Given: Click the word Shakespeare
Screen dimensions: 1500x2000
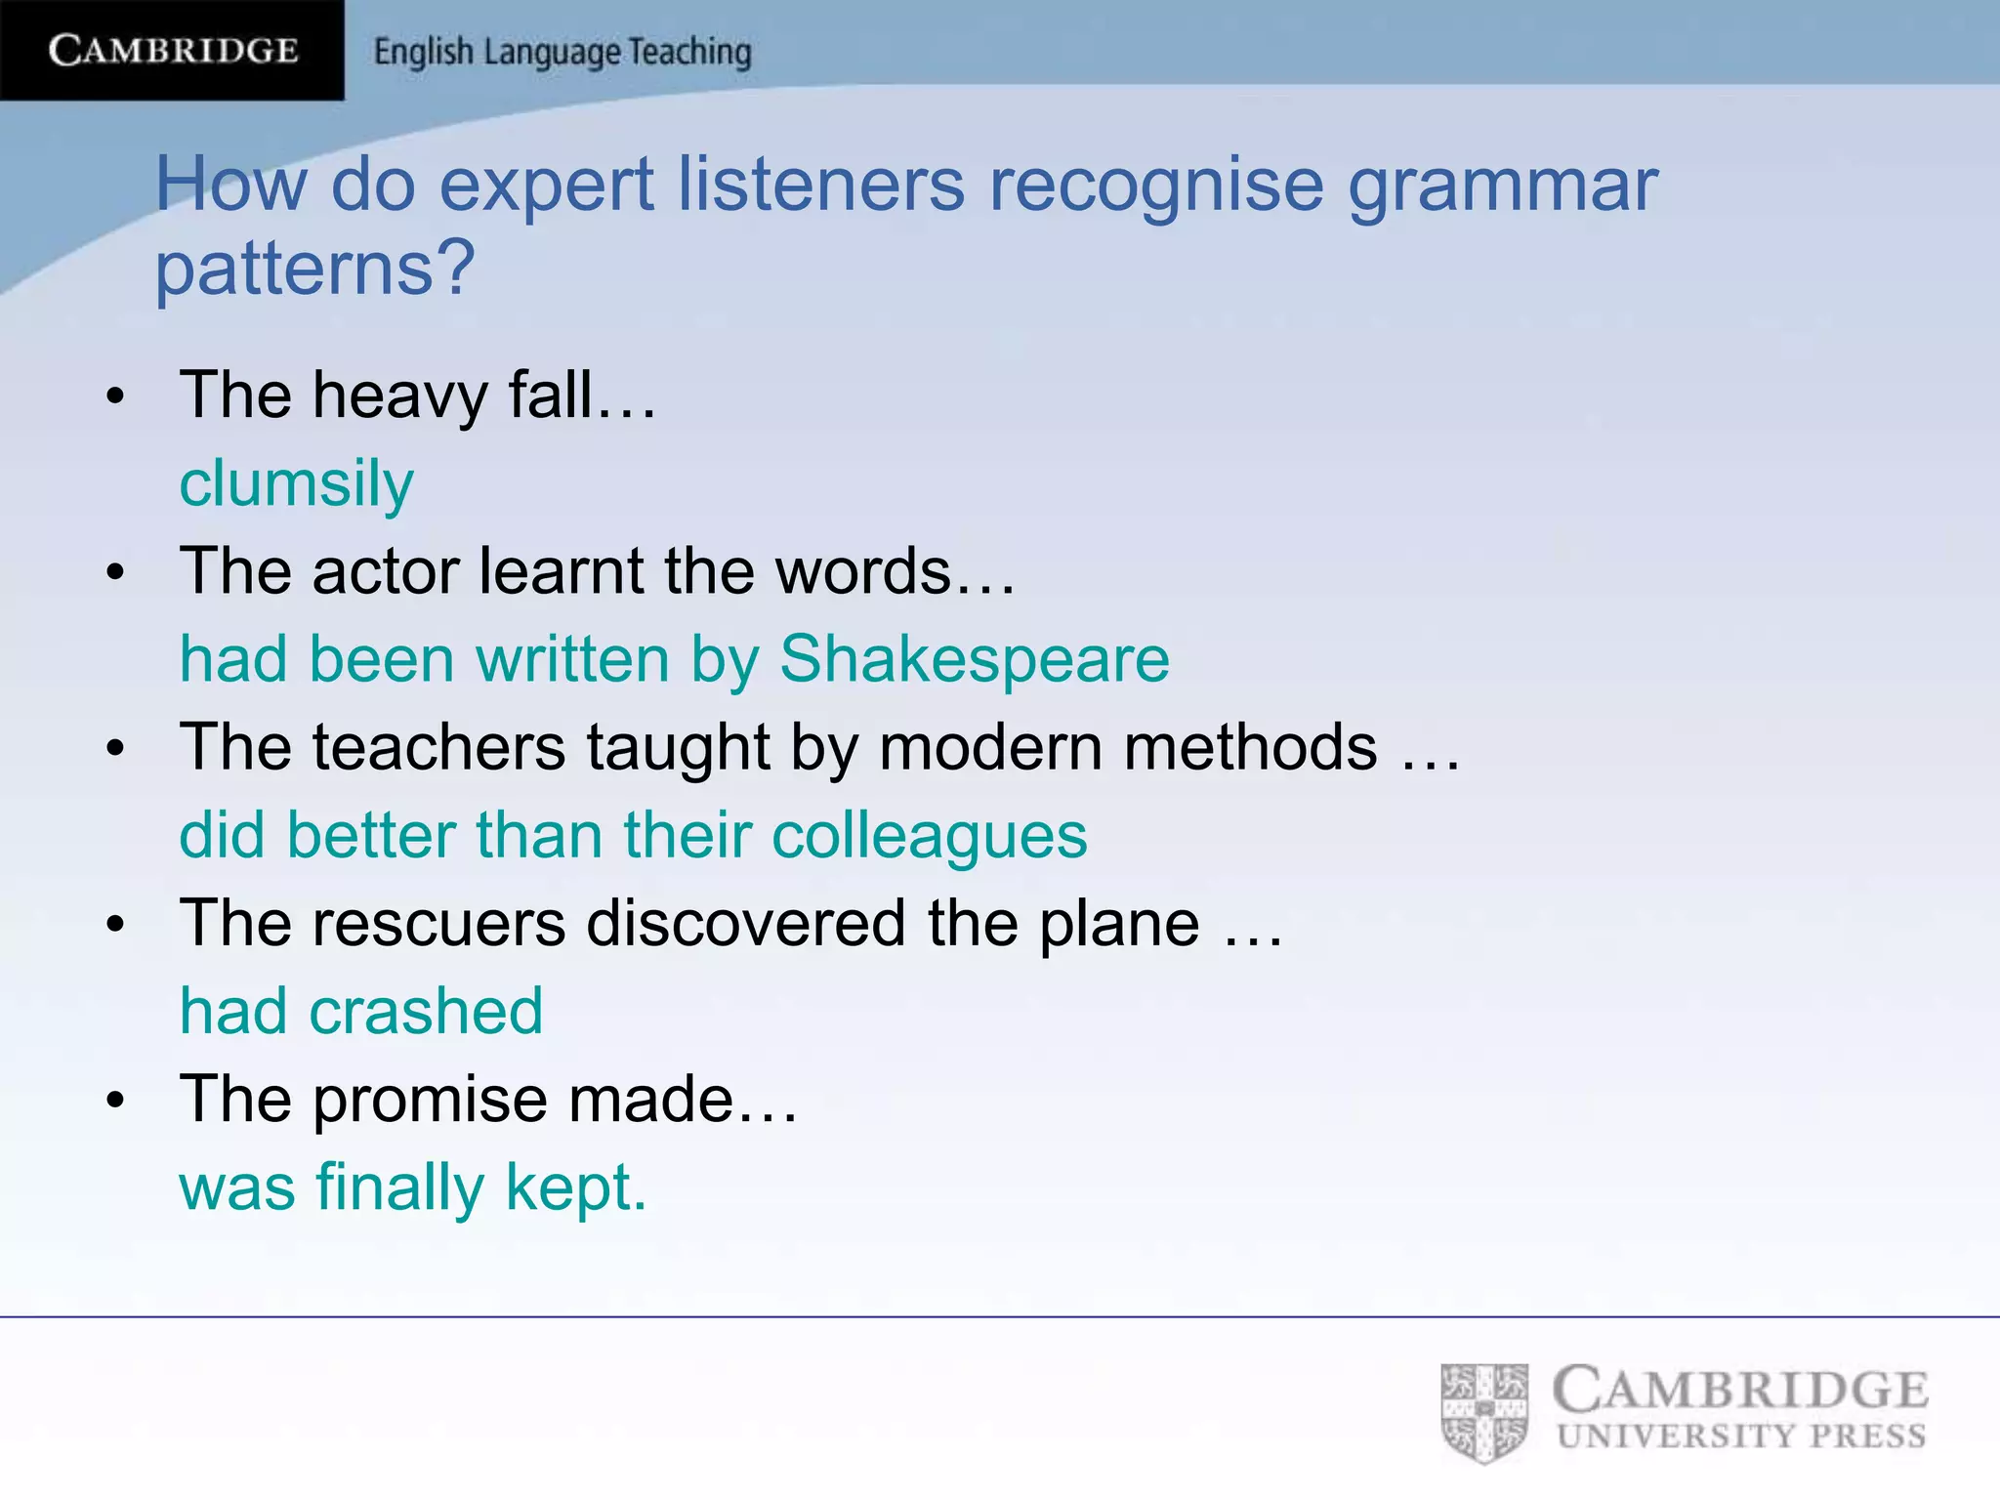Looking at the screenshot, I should (974, 659).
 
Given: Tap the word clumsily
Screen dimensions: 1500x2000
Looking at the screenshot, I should (296, 484).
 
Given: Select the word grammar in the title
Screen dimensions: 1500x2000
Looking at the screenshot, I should (1503, 185).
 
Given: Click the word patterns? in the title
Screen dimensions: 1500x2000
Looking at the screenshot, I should (314, 268).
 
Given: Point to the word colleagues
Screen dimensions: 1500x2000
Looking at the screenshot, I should (929, 836).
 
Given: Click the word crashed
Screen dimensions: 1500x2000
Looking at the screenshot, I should (426, 1011).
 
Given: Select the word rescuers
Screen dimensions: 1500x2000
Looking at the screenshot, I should (438, 923).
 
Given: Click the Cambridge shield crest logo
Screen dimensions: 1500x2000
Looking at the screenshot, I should (1483, 1412).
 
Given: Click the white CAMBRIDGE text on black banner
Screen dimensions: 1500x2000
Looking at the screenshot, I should (173, 50).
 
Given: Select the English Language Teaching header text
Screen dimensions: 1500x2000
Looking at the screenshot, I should (562, 52).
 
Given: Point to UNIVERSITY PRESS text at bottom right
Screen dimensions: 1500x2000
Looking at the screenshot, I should (1741, 1437).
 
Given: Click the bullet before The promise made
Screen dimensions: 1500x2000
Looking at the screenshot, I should (116, 1101).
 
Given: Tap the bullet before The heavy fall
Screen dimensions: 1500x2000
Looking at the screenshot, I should (116, 396).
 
